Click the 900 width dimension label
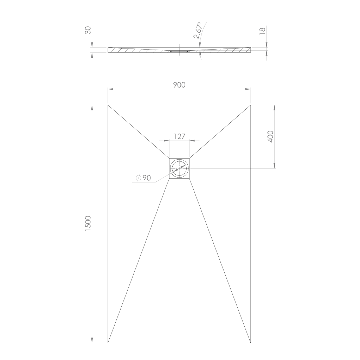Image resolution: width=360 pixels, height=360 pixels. [x=179, y=84]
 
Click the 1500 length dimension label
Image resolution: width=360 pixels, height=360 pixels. [x=88, y=223]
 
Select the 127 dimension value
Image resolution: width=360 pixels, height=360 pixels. [x=179, y=136]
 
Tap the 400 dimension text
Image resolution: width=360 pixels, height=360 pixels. [x=270, y=136]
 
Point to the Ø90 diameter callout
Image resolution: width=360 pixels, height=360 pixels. [x=143, y=178]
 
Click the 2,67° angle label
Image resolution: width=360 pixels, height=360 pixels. [x=197, y=30]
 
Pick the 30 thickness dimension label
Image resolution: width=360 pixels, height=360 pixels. [x=88, y=30]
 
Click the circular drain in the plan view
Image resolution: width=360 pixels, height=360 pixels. [x=179, y=168]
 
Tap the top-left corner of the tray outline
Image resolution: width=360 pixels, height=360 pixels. [x=108, y=105]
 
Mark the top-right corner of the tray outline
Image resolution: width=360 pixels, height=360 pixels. [x=251, y=105]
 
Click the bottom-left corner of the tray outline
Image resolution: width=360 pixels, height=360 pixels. [x=108, y=343]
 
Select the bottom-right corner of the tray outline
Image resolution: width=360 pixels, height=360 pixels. [x=251, y=343]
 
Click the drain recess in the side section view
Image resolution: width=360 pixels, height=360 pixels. [x=179, y=51]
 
